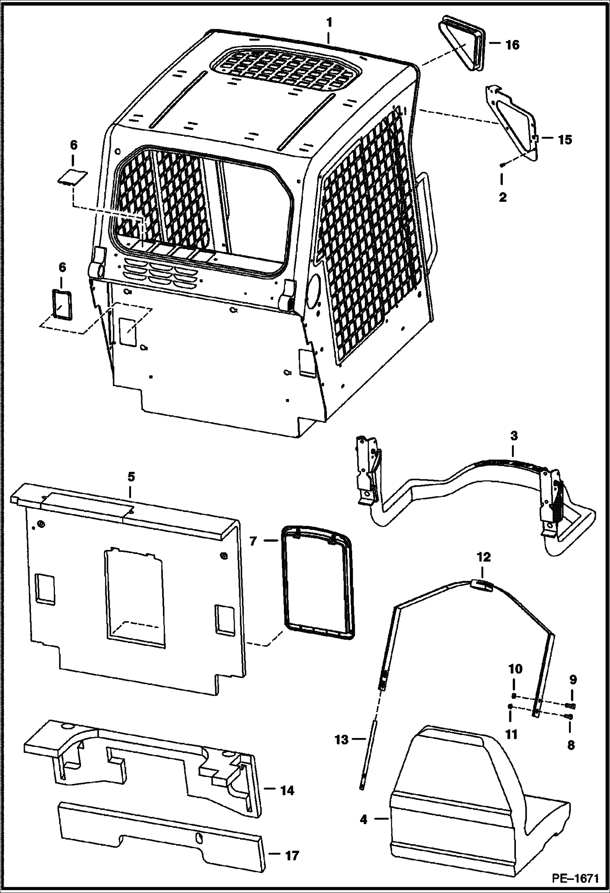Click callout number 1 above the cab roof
point(329,23)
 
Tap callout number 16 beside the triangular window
point(512,45)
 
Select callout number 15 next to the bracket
point(564,140)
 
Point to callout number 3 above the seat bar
point(513,436)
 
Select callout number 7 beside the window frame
point(253,542)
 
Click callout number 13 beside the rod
point(342,740)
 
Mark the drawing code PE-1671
point(575,879)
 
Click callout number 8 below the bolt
point(571,745)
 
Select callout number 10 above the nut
point(514,669)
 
